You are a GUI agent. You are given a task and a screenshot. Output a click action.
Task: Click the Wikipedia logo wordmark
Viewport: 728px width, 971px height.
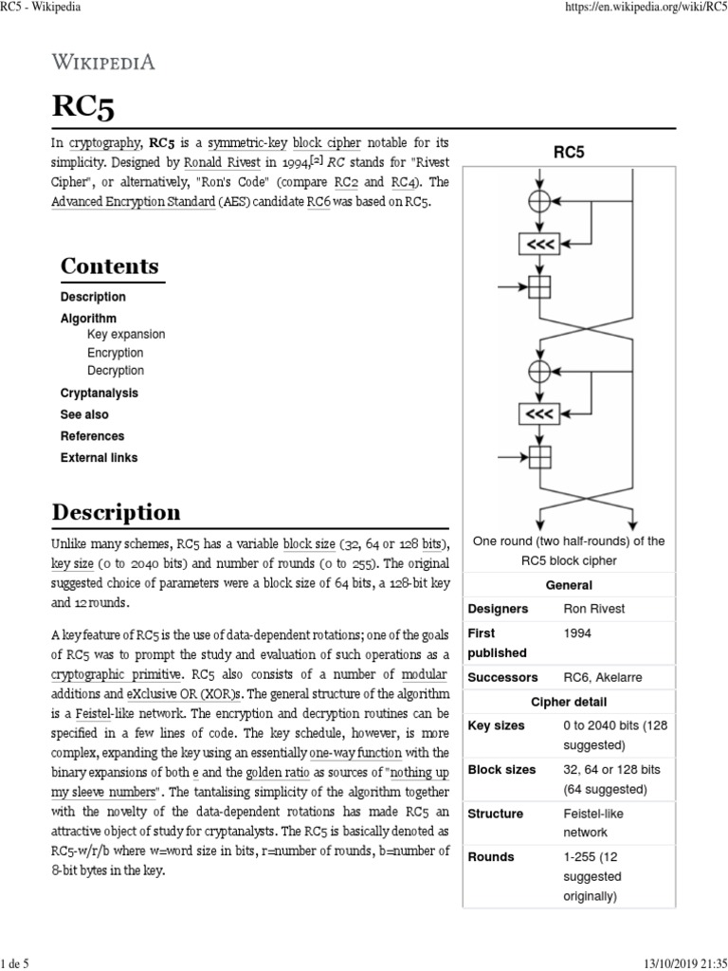click(103, 63)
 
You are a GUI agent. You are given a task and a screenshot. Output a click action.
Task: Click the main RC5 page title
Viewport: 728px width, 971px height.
click(84, 108)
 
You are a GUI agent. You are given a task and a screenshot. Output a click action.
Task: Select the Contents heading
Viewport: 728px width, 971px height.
click(109, 266)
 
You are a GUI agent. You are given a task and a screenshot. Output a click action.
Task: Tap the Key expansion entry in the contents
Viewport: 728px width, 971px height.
click(125, 335)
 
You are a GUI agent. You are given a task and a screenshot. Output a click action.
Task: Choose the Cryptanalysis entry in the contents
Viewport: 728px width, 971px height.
click(99, 393)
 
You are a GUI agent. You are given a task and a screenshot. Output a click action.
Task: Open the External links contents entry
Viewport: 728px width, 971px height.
click(99, 458)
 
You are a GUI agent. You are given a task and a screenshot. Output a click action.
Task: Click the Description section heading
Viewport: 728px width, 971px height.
click(116, 513)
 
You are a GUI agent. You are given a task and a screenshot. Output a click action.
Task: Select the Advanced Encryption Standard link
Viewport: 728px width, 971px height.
click(133, 202)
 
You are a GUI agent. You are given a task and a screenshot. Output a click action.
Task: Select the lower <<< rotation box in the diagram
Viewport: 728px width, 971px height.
click(539, 413)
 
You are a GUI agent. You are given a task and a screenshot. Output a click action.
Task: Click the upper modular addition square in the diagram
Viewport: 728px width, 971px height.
click(539, 285)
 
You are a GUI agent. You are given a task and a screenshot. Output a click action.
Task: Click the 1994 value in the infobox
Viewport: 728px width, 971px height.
click(578, 632)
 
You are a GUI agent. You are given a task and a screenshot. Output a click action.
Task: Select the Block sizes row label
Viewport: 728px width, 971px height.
click(501, 769)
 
